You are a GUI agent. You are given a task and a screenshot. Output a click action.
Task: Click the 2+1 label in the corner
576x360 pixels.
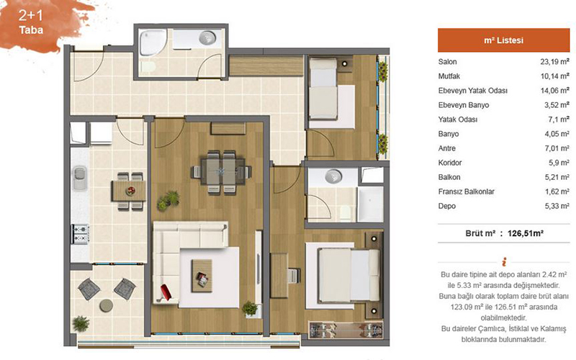pyautogui.click(x=30, y=15)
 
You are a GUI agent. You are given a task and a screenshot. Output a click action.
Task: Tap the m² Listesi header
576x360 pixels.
pyautogui.click(x=503, y=40)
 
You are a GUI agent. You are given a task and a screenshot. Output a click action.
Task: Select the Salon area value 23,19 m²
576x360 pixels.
pyautogui.click(x=554, y=62)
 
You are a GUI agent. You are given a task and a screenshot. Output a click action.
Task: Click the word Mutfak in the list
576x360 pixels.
pyautogui.click(x=449, y=76)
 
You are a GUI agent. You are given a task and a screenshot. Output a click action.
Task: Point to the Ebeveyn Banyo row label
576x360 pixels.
pyautogui.click(x=464, y=105)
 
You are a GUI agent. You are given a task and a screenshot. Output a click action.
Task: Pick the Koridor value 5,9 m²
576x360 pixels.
pyautogui.click(x=559, y=163)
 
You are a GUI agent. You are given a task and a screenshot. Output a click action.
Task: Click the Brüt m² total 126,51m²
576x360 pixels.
pyautogui.click(x=526, y=233)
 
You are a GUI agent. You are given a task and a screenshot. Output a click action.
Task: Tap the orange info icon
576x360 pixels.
pyautogui.click(x=504, y=261)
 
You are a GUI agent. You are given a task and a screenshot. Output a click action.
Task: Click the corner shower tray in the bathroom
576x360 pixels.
pyautogui.click(x=153, y=42)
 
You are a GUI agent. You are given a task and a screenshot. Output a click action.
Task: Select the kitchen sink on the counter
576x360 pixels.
pyautogui.click(x=80, y=178)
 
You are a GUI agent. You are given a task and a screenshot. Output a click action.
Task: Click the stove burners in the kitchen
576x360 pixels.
pyautogui.click(x=80, y=233)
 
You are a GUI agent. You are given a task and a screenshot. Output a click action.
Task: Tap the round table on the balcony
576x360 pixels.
pyautogui.click(x=106, y=305)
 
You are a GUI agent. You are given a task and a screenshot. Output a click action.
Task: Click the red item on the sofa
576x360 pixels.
pyautogui.click(x=166, y=292)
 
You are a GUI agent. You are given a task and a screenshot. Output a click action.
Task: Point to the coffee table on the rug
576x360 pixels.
pyautogui.click(x=202, y=276)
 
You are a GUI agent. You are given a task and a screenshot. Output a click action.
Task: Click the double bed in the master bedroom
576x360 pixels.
pyautogui.click(x=348, y=275)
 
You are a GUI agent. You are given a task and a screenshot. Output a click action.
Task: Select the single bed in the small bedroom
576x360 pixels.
pyautogui.click(x=323, y=89)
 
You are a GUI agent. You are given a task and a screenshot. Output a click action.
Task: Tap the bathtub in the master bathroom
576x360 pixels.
pyautogui.click(x=370, y=204)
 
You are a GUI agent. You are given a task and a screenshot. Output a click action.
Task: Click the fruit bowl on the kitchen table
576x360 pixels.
pyautogui.click(x=130, y=191)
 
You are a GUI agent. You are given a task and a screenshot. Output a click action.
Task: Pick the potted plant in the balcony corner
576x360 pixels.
pyautogui.click(x=81, y=323)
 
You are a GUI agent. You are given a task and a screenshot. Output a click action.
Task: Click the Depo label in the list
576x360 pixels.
pyautogui.click(x=446, y=206)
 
